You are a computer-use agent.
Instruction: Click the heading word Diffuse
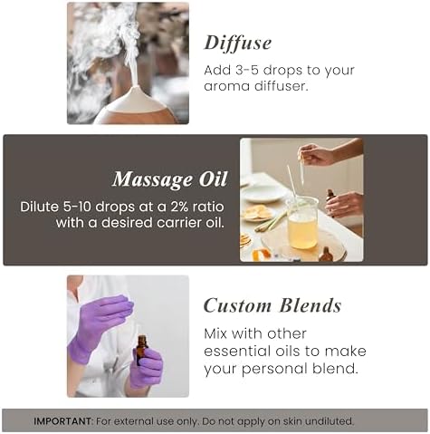coord(238,43)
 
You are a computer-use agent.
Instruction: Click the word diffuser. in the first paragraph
coord(281,86)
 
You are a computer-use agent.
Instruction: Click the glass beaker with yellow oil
coord(301,222)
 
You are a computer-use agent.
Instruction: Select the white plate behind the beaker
coord(263,192)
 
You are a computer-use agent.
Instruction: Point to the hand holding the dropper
coord(317,154)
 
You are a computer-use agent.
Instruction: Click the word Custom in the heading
coord(237,305)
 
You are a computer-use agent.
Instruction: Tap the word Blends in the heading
coord(311,305)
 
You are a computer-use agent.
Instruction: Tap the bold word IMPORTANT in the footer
coord(62,421)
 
